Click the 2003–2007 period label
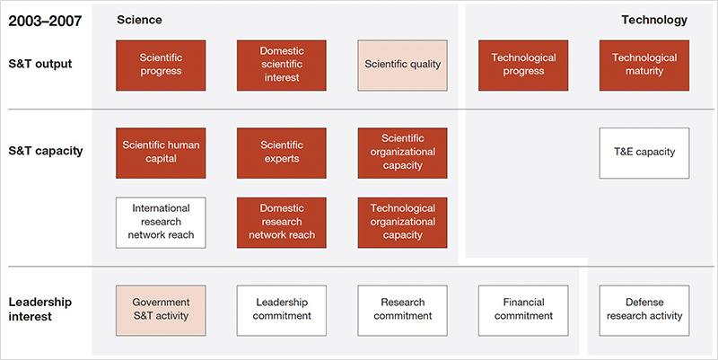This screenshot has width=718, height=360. coord(45,21)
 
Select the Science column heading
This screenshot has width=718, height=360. coord(139,20)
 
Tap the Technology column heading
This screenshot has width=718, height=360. coord(654,20)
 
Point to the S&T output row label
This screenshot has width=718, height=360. coord(40,64)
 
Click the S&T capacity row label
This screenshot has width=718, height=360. coord(46,151)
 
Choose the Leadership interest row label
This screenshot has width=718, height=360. coord(39,309)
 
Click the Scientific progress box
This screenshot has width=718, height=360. coord(161,66)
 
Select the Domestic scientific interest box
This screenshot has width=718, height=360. coord(282,66)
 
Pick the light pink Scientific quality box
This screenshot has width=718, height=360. coord(402,66)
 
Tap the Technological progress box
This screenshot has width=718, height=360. coord(523,66)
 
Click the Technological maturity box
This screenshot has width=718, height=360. coord(644,66)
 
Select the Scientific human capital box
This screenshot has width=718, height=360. coord(161,153)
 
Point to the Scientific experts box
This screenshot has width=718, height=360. coord(282,153)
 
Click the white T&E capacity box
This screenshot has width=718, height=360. coord(644,153)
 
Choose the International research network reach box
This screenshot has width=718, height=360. coord(161,223)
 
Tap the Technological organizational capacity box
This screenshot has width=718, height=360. coord(402,223)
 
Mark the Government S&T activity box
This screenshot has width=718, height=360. coord(161,311)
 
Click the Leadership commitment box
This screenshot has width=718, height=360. coord(282,311)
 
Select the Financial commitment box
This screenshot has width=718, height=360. coord(523,311)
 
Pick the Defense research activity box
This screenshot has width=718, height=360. coord(644,311)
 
